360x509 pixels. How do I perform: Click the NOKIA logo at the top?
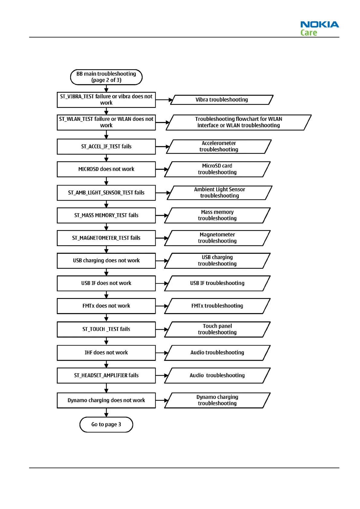319,24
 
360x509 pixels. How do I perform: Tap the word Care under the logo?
309,33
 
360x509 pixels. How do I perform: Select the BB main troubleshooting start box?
106,77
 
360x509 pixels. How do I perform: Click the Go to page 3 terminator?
106,424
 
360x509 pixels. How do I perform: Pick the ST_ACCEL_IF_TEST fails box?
106,147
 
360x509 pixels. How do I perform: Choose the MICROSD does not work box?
106,169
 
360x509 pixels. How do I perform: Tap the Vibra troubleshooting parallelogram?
222,100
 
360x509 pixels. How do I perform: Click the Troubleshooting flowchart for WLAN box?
238,122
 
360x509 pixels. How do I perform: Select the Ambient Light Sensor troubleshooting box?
219,193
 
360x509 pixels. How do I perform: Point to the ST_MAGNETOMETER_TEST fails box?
106,238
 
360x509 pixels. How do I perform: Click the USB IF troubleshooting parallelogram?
217,283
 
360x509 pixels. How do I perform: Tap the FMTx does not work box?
106,306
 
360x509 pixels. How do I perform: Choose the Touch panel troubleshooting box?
217,329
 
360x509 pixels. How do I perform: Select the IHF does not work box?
106,353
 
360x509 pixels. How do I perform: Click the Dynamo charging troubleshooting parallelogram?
217,400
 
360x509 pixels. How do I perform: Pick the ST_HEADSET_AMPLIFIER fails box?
106,375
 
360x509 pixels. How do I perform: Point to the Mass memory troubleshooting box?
217,215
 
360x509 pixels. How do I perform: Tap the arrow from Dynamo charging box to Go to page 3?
106,412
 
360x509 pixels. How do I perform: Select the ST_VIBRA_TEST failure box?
106,100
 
